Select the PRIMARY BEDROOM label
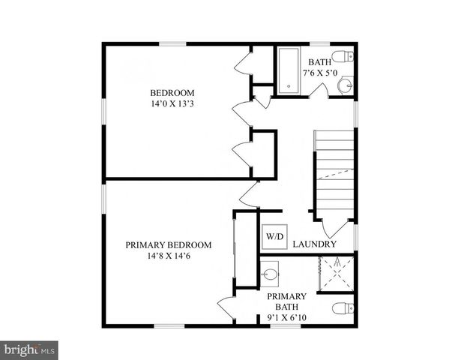coord(168,244)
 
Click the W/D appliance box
coord(274,237)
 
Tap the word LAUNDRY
coord(314,244)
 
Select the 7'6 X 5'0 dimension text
coord(320,73)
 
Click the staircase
coord(334,172)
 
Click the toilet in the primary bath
coord(342,307)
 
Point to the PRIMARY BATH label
coord(286,301)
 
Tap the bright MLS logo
coord(29,349)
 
